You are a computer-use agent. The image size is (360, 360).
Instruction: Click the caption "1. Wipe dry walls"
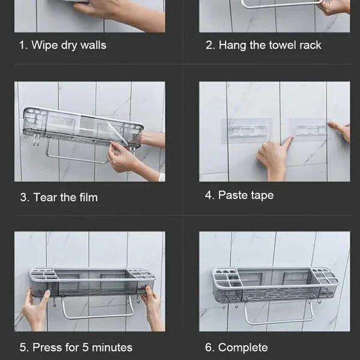62,45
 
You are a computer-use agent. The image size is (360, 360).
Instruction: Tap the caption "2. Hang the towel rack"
263,45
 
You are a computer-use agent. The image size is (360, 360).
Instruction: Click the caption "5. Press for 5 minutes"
76,347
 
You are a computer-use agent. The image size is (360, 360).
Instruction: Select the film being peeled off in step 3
116,132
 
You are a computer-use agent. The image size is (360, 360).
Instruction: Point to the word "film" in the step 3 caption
88,197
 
